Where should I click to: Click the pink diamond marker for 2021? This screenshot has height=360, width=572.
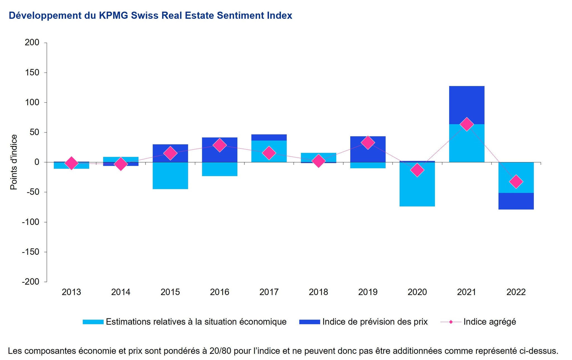466,124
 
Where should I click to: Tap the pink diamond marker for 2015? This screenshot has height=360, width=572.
170,153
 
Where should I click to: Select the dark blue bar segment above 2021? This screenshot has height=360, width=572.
466,105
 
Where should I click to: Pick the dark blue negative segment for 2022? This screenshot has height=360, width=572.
516,201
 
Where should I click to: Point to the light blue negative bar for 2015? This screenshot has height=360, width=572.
170,176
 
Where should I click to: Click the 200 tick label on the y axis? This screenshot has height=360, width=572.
32,42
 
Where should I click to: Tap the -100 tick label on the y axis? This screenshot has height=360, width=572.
30,222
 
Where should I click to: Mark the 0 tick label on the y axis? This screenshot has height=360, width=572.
37,162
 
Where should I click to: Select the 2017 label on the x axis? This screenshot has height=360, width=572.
269,292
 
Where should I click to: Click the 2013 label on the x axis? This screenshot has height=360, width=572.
71,292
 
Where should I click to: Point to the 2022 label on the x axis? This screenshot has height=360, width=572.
516,292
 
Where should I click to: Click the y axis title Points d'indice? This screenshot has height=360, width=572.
14,162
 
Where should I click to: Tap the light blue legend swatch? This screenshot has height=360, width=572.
93,322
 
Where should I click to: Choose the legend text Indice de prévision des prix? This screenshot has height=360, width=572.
375,322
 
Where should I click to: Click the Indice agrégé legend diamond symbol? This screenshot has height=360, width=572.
451,322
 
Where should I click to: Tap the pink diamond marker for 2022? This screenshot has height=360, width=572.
516,182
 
